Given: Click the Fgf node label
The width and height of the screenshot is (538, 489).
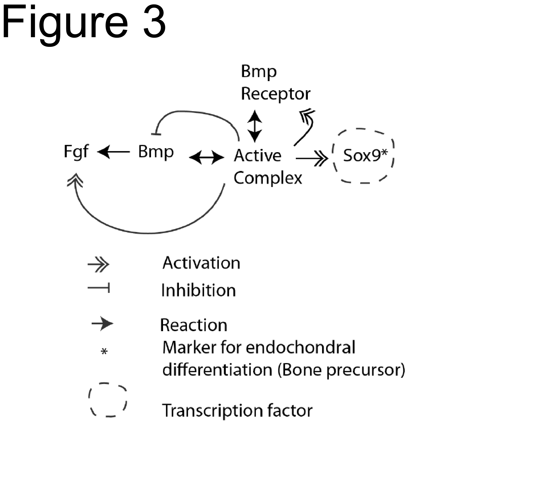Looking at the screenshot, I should pyautogui.click(x=76, y=152).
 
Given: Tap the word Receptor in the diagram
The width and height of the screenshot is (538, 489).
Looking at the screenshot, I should pyautogui.click(x=276, y=94).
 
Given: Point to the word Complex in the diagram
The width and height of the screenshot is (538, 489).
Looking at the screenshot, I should pyautogui.click(x=268, y=178).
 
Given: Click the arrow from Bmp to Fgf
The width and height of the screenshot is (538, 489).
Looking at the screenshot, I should pyautogui.click(x=114, y=152).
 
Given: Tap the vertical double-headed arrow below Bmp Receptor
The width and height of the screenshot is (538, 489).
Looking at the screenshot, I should pyautogui.click(x=255, y=126).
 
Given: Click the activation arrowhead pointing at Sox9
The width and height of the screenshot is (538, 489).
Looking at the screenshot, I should pyautogui.click(x=322, y=158).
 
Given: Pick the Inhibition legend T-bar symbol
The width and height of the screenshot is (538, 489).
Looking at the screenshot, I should pyautogui.click(x=99, y=288).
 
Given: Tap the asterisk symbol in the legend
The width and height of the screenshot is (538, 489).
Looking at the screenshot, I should pyautogui.click(x=104, y=351).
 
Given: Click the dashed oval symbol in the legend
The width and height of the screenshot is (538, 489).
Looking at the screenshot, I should pyautogui.click(x=108, y=400).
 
